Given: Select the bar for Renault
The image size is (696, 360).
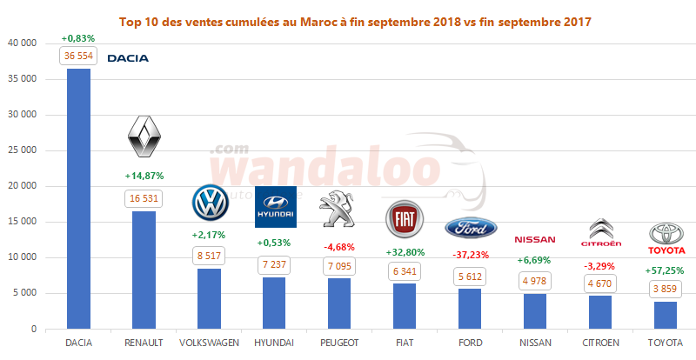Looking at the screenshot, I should [x=144, y=270].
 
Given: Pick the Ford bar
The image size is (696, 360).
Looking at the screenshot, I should [x=470, y=309].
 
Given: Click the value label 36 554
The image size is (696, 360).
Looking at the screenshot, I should [x=78, y=55].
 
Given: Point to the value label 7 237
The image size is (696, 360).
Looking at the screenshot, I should [x=275, y=263].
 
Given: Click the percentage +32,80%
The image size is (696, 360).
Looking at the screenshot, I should [x=405, y=252].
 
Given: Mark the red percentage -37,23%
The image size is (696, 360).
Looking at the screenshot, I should [x=470, y=254].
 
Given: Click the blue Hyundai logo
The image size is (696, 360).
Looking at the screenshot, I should [x=275, y=207].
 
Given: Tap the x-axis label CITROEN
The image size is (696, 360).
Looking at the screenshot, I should [x=601, y=343].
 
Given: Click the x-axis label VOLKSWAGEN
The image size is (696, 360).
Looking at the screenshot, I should [x=209, y=343].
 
